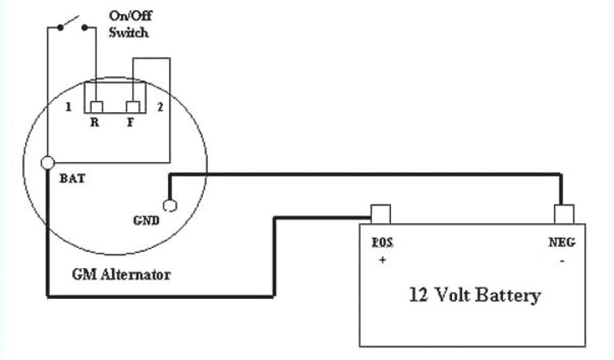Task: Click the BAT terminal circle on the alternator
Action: (47, 163)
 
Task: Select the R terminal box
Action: (96, 107)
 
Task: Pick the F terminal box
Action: (133, 107)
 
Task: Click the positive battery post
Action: (381, 214)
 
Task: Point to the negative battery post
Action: (564, 214)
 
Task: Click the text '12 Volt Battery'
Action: (475, 295)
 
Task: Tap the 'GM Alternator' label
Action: (121, 275)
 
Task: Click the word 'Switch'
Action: (128, 32)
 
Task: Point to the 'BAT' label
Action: (70, 178)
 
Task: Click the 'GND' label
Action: (146, 220)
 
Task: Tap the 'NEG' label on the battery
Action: (562, 242)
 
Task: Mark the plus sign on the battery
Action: (382, 260)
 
